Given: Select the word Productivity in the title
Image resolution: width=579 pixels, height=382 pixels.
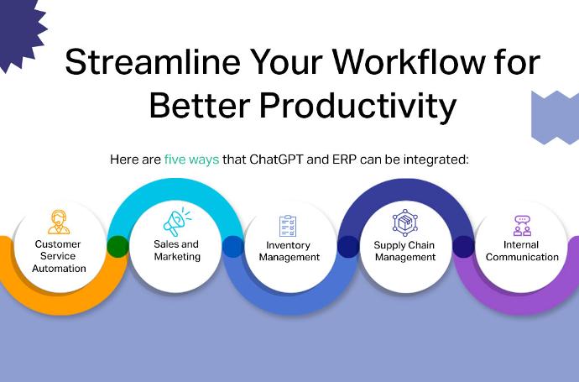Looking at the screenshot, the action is pyautogui.click(x=357, y=105).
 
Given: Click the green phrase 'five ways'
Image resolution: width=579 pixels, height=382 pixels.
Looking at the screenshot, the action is pyautogui.click(x=191, y=160).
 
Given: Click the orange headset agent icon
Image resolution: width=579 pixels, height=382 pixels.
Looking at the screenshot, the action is pyautogui.click(x=59, y=222).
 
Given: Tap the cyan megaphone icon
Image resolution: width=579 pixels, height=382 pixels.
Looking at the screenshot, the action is pyautogui.click(x=177, y=222).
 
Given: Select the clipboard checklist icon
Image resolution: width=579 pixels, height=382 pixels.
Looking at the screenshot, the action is pyautogui.click(x=288, y=226).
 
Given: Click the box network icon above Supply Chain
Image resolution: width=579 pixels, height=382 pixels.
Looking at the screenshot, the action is pyautogui.click(x=404, y=222).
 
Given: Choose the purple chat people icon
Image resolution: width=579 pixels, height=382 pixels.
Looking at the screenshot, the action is pyautogui.click(x=522, y=226).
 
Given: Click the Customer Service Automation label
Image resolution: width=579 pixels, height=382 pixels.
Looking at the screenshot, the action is pyautogui.click(x=59, y=256).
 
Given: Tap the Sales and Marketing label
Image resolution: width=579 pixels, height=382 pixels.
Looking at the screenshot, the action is pyautogui.click(x=177, y=250).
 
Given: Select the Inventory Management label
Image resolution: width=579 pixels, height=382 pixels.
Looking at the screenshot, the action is pyautogui.click(x=289, y=251).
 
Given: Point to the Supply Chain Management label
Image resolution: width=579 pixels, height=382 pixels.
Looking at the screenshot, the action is pyautogui.click(x=404, y=251).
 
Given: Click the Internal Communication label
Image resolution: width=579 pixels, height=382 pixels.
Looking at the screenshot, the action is pyautogui.click(x=522, y=251).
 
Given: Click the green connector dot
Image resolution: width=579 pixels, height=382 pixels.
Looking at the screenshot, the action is pyautogui.click(x=117, y=247).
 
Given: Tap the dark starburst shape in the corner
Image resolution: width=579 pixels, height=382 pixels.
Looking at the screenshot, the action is pyautogui.click(x=20, y=33).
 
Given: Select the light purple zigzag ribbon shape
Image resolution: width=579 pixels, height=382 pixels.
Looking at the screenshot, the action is pyautogui.click(x=555, y=117).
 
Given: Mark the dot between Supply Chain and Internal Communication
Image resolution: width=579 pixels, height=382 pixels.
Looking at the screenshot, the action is pyautogui.click(x=463, y=247).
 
